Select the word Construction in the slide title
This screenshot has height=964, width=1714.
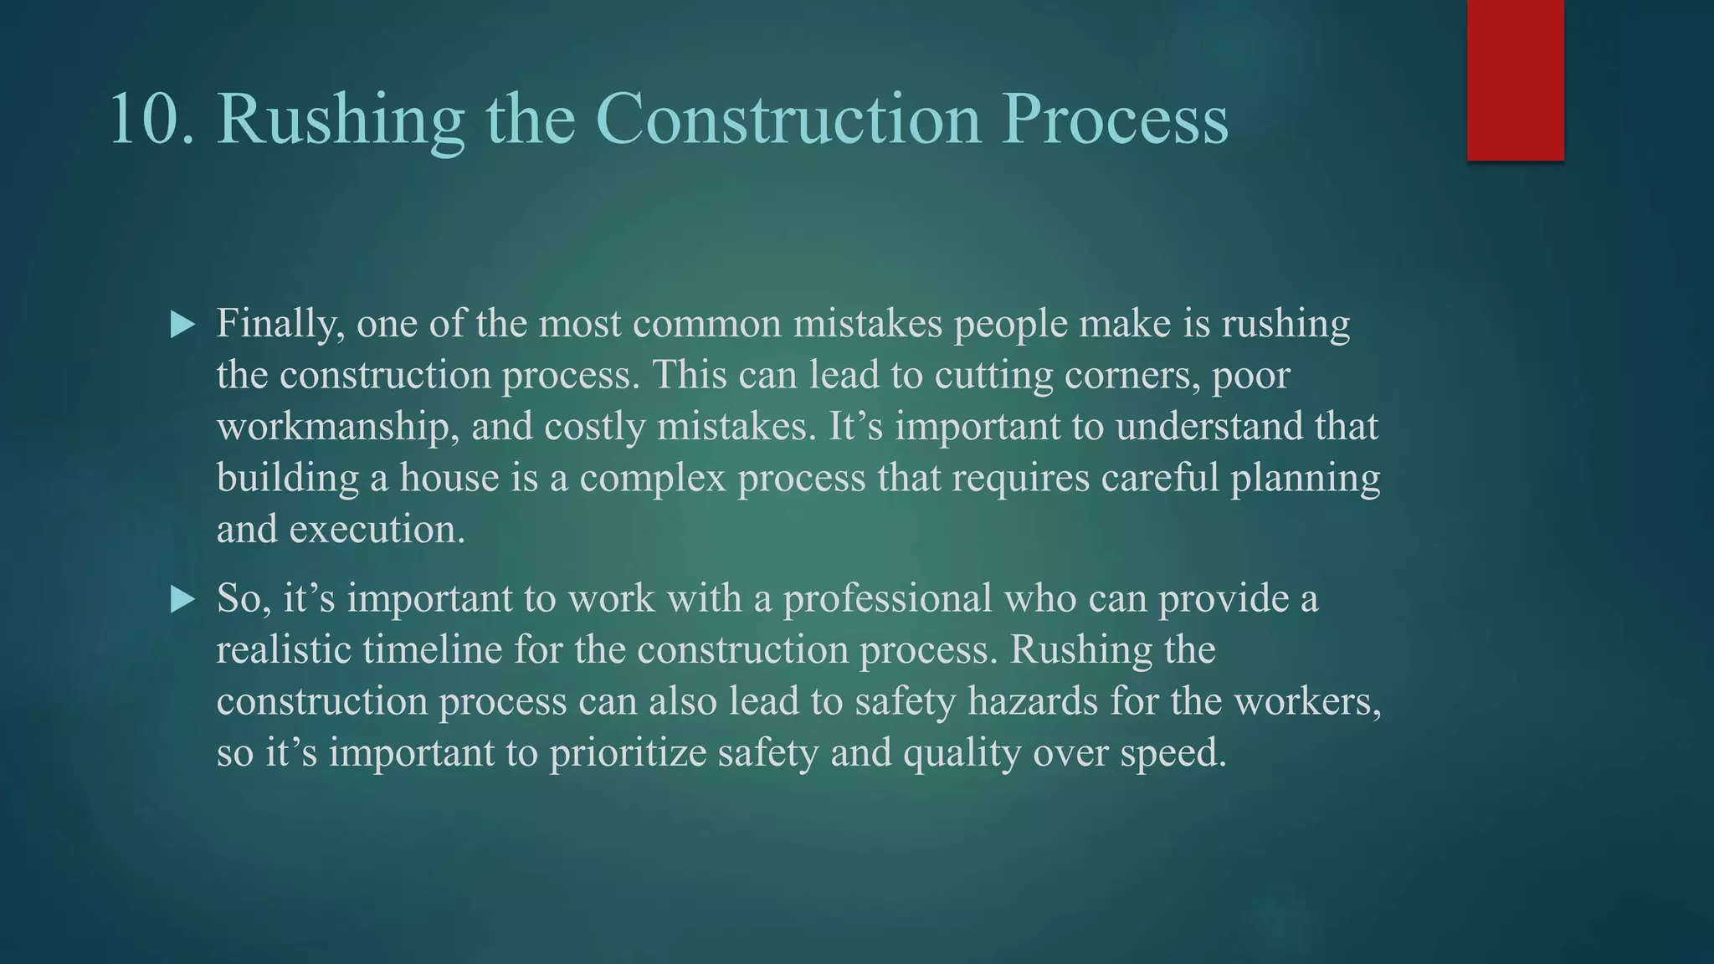788,119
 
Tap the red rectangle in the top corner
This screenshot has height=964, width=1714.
1515,79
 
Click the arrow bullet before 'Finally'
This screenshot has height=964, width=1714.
182,325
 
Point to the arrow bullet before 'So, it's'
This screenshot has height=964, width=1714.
182,599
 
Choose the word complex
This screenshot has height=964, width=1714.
652,479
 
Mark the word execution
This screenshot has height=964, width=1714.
377,530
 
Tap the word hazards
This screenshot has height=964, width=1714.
1033,701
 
